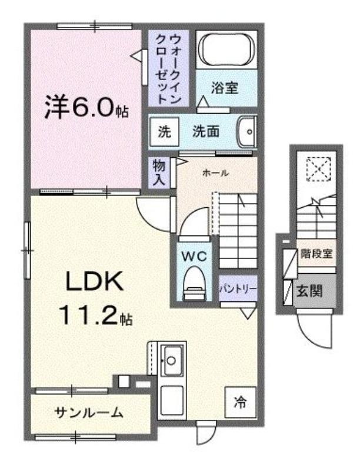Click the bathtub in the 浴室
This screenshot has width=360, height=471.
227,49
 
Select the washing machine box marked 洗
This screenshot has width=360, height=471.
164,131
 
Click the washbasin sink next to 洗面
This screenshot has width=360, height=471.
247,131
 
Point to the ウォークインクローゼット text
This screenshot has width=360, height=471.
169,69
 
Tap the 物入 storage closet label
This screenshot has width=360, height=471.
159,173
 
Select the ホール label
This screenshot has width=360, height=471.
216,173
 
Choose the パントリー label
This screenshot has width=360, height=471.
238,289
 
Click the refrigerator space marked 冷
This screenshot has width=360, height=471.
241,402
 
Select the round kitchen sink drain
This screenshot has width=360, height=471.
171,360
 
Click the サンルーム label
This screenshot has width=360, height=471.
89,413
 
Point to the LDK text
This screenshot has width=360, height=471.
95,281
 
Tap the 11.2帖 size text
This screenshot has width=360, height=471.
96,315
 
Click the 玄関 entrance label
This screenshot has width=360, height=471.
309,291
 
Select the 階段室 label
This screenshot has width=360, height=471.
317,254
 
